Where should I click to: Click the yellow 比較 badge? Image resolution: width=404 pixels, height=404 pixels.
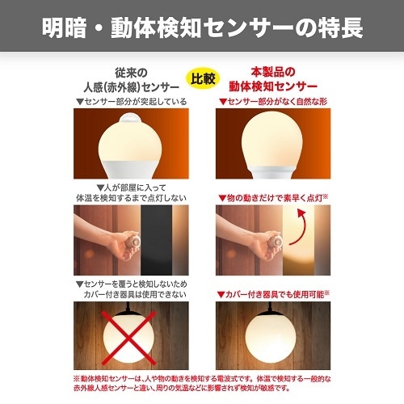203,78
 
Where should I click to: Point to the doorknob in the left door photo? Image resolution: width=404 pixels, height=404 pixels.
129,242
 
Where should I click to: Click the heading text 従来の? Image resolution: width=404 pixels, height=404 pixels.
131,71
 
